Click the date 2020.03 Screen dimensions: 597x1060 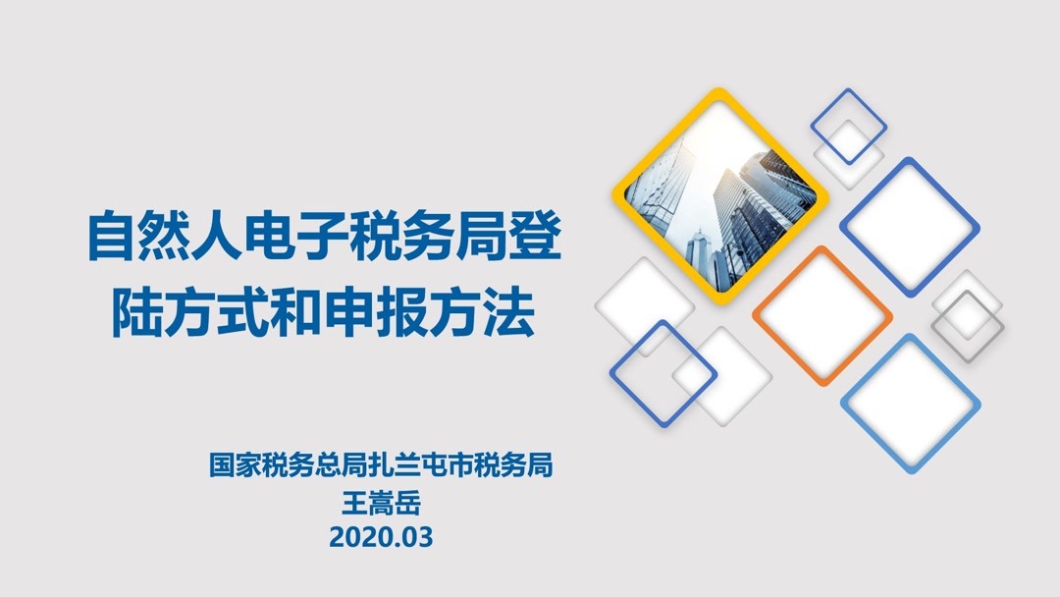click(381, 538)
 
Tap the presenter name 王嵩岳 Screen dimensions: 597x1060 click(381, 502)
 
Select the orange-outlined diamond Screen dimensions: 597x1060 click(822, 314)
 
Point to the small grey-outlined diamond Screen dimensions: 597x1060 click(968, 325)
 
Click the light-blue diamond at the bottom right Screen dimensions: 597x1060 click(911, 403)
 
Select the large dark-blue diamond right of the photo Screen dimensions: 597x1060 click(909, 226)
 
